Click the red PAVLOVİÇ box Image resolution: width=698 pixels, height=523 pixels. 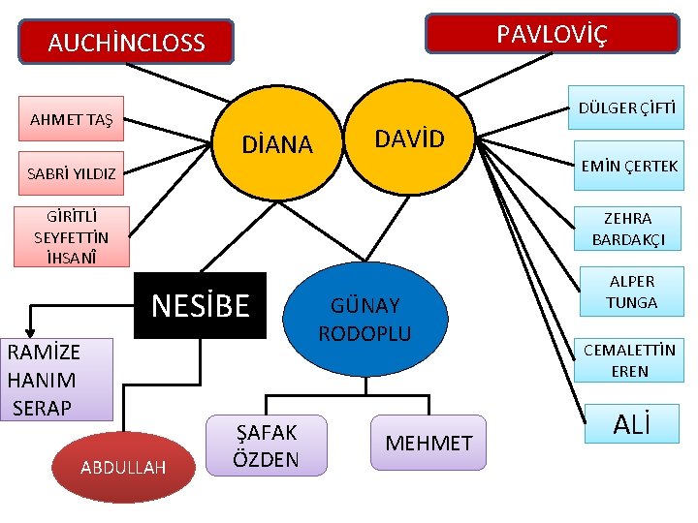553,35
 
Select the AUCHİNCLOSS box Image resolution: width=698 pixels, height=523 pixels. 127,43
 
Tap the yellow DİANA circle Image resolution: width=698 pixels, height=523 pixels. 276,144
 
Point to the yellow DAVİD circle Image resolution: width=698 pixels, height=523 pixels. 409,139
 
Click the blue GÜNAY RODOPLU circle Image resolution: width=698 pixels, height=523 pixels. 365,319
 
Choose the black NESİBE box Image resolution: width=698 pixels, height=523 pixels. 200,306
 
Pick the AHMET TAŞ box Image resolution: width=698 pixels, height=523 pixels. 72,120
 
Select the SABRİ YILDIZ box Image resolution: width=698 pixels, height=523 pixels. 72,174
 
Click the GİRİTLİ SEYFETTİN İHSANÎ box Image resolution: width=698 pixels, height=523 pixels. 72,236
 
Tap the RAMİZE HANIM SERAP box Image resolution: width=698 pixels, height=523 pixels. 58,379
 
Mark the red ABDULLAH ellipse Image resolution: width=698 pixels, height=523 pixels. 123,467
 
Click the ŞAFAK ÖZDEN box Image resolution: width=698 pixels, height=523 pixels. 267,446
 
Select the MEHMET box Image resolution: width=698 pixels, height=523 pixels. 428,444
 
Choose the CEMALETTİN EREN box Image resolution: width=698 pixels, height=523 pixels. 630,359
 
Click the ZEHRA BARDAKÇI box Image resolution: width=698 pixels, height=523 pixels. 628,230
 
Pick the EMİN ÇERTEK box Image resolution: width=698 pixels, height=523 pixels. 628,166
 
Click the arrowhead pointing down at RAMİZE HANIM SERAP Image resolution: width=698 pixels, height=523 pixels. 30,329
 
